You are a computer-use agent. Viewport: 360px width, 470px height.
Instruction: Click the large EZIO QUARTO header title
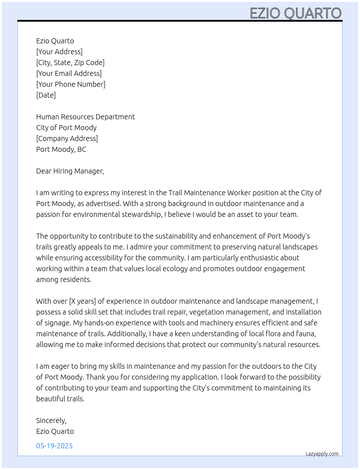(296, 13)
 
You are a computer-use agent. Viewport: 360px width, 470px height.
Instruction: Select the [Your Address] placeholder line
(59, 52)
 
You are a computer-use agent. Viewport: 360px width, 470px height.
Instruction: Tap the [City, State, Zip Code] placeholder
(70, 63)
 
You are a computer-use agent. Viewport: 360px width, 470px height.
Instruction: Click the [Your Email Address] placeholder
(69, 73)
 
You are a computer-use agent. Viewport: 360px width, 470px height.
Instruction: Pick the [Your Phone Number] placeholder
(70, 84)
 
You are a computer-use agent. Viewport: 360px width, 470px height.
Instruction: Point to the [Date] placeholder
(46, 95)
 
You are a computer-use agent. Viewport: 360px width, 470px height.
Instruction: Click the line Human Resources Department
(85, 117)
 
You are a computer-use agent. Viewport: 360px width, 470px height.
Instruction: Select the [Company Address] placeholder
(67, 138)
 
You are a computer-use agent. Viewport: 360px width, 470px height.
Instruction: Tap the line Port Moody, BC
(61, 149)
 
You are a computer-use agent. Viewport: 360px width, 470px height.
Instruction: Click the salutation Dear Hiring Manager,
(70, 171)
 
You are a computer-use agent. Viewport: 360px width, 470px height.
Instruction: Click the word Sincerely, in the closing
(51, 420)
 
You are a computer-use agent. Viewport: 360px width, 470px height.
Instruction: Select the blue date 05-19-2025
(54, 446)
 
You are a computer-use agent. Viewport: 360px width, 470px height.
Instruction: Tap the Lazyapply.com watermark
(322, 454)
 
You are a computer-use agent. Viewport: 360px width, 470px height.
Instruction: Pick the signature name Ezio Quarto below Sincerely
(55, 431)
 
